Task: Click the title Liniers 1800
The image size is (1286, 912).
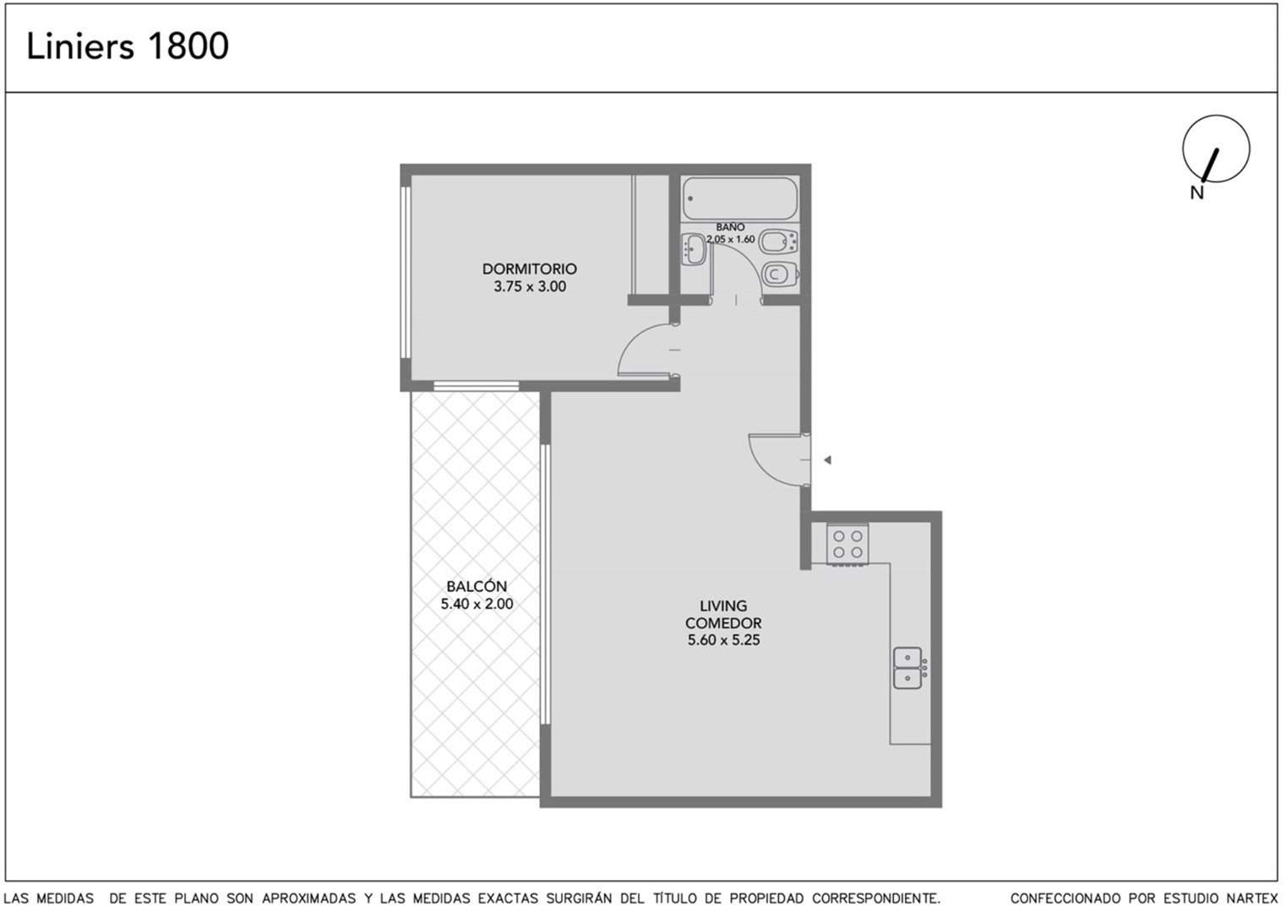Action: (128, 46)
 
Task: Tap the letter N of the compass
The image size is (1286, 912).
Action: (1197, 193)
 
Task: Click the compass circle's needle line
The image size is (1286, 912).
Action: (1210, 166)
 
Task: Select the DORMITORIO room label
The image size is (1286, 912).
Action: (529, 269)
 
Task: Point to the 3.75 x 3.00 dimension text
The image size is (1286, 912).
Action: (530, 286)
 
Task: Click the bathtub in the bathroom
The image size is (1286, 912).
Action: (740, 198)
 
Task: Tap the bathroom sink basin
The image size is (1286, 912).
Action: (695, 250)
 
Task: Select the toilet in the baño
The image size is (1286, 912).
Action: (780, 274)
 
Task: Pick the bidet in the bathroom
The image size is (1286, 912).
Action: (778, 241)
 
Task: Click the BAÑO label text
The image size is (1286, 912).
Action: (730, 227)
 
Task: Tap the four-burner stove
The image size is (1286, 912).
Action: (847, 544)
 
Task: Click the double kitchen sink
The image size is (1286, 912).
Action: (909, 668)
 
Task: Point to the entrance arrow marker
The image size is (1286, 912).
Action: (827, 459)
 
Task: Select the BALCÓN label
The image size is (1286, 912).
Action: (477, 586)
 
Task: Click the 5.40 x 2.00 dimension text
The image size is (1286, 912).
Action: (477, 604)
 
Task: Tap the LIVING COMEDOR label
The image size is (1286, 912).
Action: (722, 614)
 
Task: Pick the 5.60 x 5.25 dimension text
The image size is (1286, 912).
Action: (723, 640)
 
